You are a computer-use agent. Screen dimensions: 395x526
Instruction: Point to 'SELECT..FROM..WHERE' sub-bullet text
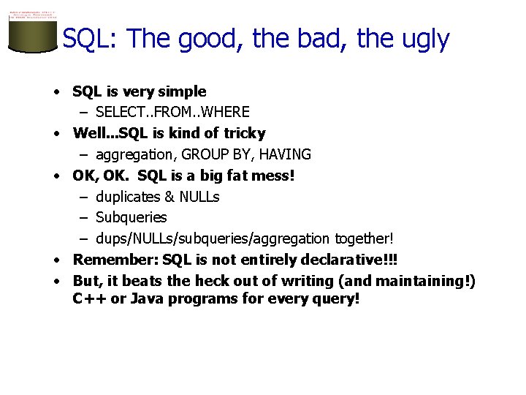click(x=172, y=112)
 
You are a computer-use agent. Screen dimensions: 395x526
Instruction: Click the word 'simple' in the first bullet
click(x=183, y=91)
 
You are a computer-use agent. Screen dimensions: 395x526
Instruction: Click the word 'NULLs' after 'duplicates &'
click(x=199, y=197)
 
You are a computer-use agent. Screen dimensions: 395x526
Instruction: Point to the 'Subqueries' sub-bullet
click(x=131, y=217)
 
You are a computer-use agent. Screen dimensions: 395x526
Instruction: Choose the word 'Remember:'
click(x=115, y=260)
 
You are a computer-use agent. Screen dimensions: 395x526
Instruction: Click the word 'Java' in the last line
click(x=145, y=299)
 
